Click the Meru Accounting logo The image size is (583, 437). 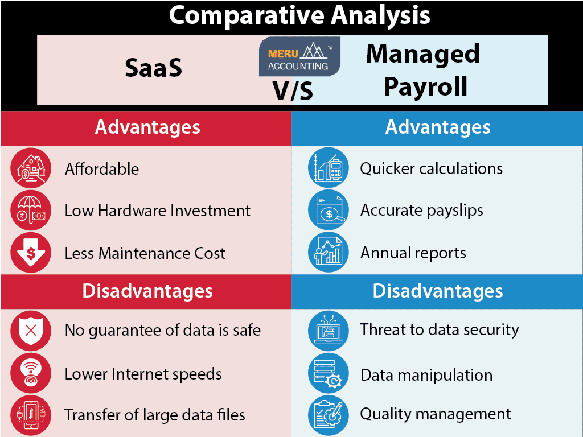(x=299, y=57)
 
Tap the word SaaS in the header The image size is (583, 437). (x=153, y=69)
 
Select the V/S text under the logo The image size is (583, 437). (x=293, y=91)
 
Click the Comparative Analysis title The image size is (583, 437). (x=299, y=15)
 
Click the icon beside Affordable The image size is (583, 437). (x=31, y=168)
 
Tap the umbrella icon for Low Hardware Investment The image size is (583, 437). (x=31, y=211)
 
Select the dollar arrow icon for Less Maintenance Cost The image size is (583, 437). (x=31, y=253)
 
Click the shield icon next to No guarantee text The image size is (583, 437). (x=31, y=330)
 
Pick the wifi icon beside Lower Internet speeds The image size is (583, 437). (x=31, y=374)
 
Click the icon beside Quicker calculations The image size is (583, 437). (x=328, y=168)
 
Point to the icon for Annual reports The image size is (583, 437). (x=328, y=253)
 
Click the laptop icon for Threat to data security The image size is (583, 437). (x=328, y=331)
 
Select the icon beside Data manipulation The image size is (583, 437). (x=328, y=374)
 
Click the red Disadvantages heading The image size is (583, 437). (x=147, y=291)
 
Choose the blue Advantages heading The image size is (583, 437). (x=437, y=127)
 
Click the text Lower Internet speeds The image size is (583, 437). (x=143, y=374)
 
